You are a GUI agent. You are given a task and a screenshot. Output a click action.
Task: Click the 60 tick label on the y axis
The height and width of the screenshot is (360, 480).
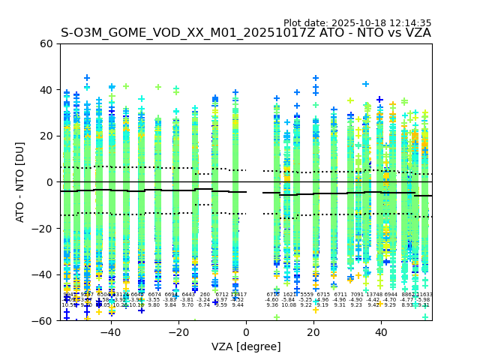(46, 43)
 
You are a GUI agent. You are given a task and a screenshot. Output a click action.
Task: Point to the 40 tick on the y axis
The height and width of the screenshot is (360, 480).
(46, 90)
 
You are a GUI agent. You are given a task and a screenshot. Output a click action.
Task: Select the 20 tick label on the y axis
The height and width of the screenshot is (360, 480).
(46, 136)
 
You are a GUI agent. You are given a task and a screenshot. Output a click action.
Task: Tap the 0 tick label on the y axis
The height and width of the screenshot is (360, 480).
(49, 182)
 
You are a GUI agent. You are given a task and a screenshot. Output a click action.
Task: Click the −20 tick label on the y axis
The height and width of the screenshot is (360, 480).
(43, 229)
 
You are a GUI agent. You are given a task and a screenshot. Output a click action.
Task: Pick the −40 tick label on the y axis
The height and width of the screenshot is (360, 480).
(43, 274)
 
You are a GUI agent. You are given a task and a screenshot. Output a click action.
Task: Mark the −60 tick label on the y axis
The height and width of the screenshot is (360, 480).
(43, 321)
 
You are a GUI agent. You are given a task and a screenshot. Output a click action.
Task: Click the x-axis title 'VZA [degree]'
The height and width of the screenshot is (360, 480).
(246, 346)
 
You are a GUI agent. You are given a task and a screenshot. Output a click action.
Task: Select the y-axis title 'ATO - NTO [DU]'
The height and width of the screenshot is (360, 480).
(20, 182)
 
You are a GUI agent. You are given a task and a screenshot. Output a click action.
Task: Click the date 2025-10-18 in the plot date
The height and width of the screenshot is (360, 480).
(360, 23)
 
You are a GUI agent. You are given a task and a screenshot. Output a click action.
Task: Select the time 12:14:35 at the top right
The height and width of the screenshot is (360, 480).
(411, 23)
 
